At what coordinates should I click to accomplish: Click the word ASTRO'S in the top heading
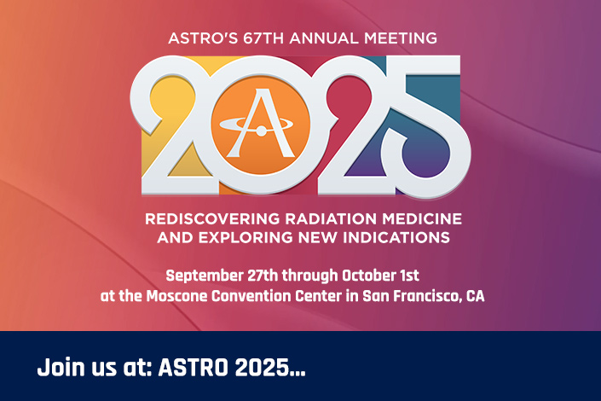[x=203, y=38]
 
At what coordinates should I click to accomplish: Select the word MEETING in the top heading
[x=401, y=38]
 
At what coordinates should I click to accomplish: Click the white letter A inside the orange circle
[x=261, y=123]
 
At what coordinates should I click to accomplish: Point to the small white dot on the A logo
[x=261, y=131]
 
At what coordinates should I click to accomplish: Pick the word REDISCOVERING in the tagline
[x=212, y=219]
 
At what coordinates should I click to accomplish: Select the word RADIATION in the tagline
[x=331, y=219]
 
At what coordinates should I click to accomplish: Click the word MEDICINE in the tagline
[x=422, y=219]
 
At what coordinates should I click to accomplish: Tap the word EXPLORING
[x=246, y=237]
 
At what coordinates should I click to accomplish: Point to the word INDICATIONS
[x=396, y=237]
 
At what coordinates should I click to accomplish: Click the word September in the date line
[x=205, y=276]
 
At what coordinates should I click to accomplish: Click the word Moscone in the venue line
[x=177, y=296]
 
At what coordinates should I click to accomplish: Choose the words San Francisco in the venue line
[x=413, y=297]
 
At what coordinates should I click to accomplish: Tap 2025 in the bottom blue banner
[x=261, y=367]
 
